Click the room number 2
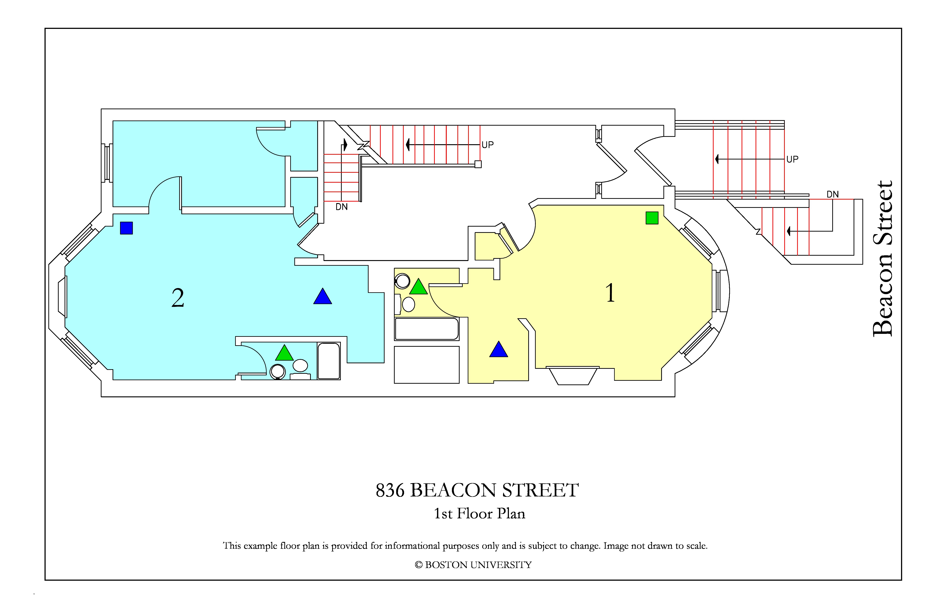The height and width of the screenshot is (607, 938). tap(178, 298)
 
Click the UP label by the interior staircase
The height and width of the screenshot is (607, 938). tap(488, 145)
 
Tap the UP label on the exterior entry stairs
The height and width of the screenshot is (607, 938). tap(792, 159)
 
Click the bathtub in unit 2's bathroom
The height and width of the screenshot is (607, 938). tap(329, 361)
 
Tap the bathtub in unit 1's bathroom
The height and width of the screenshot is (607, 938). tap(427, 329)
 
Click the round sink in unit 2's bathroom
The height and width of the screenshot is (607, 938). tap(278, 371)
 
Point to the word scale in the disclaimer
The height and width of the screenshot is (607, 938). tap(697, 546)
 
